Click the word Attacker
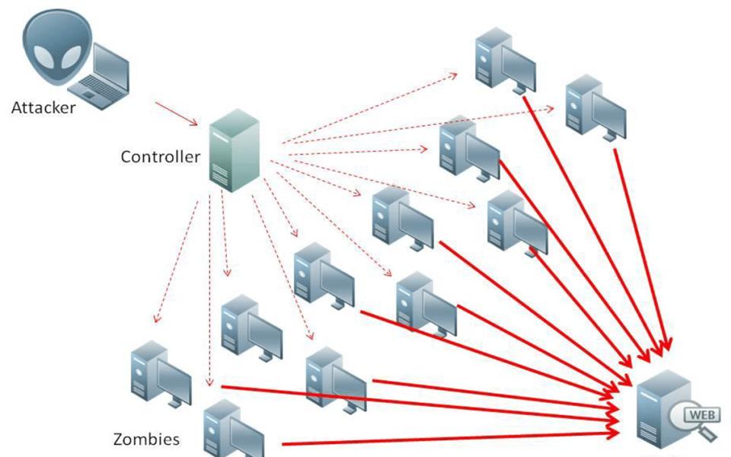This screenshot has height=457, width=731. click(x=43, y=107)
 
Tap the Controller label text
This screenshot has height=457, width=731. click(x=160, y=157)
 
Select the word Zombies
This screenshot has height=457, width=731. click(x=146, y=439)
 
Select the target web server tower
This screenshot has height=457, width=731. click(x=657, y=411)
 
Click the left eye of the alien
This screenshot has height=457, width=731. click(x=44, y=56)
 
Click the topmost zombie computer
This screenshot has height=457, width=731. click(x=503, y=59)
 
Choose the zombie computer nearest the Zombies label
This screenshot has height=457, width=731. click(x=233, y=431)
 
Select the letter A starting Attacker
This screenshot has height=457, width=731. click(x=17, y=107)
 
